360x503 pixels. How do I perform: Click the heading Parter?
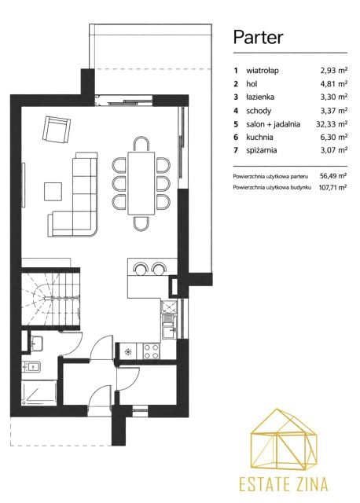258,37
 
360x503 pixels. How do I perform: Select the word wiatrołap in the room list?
263,71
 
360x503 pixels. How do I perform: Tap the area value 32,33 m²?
332,124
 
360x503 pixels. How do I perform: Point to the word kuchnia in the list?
259,137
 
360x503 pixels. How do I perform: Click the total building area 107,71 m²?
332,187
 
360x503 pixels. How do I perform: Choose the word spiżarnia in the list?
262,150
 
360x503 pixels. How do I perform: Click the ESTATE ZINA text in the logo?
283,484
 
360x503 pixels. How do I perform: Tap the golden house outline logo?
283,439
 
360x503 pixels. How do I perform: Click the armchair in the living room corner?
57,129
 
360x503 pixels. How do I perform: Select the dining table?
141,183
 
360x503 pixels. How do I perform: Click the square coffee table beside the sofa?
53,192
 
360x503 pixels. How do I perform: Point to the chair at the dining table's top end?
141,144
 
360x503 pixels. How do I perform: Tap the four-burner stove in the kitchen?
151,351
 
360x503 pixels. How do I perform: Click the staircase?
50,299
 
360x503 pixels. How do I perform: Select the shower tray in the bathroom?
39,393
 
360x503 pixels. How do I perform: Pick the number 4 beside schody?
236,111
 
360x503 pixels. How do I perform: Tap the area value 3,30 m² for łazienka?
334,97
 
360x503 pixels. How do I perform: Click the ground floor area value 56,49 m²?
333,176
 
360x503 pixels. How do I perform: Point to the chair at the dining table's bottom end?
141,223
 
